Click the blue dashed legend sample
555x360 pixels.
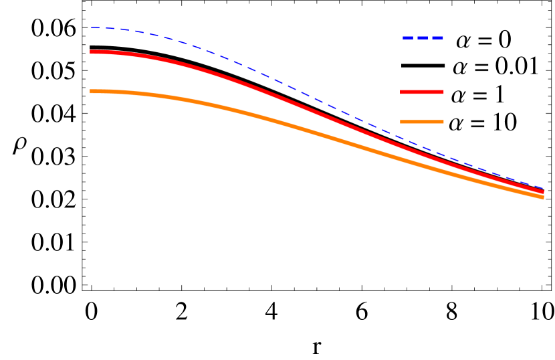pyautogui.click(x=423, y=38)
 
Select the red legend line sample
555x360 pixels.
pyautogui.click(x=422, y=92)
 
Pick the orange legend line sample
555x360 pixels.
pyautogui.click(x=422, y=122)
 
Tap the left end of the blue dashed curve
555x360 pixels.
pyautogui.click(x=92, y=28)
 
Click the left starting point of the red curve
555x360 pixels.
pyautogui.click(x=91, y=52)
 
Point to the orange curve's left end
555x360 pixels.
pyautogui.click(x=91, y=91)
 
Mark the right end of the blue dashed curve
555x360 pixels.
pyautogui.click(x=543, y=188)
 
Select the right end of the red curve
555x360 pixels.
pyautogui.click(x=542, y=192)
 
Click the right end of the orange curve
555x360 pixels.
pyautogui.click(x=542, y=197)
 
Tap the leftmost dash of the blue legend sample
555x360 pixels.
pyautogui.click(x=408, y=38)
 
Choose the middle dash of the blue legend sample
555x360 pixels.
pyautogui.click(x=423, y=38)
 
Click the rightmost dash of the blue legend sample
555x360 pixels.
pyautogui.click(x=437, y=38)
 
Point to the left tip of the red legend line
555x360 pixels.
pyautogui.click(x=401, y=92)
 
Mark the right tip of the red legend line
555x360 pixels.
pyautogui.click(x=443, y=92)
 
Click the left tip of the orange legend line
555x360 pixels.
pyautogui.click(x=401, y=122)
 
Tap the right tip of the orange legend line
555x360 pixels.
pyautogui.click(x=443, y=122)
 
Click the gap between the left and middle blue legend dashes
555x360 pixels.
pyautogui.click(x=415, y=38)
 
